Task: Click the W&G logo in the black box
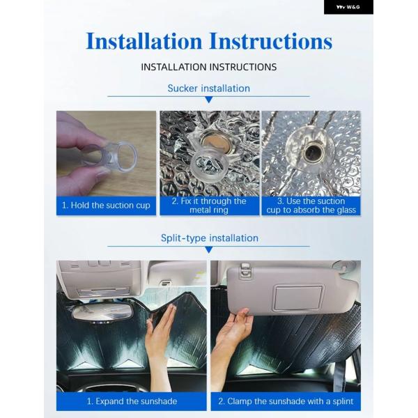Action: tap(348, 7)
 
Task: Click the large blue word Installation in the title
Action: tap(144, 41)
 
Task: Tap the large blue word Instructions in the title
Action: tap(271, 41)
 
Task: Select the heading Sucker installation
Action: tap(209, 88)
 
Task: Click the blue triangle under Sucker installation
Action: tap(209, 100)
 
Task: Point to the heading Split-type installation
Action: tap(210, 238)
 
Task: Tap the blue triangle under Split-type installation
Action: tap(209, 250)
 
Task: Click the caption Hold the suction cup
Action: tap(106, 206)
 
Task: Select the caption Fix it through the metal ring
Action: tap(209, 206)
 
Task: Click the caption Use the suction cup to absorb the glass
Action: tap(311, 206)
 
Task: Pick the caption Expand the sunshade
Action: tap(132, 401)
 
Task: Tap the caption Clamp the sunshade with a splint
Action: tap(286, 401)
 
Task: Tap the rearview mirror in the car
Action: tap(102, 312)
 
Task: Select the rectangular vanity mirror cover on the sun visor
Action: tap(299, 297)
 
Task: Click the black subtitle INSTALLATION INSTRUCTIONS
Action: tap(209, 67)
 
